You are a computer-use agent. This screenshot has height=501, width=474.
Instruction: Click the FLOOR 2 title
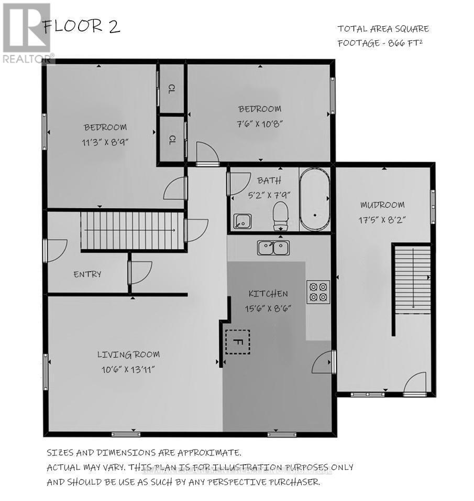coord(82,27)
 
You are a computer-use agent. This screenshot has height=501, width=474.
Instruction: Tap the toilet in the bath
coord(282,215)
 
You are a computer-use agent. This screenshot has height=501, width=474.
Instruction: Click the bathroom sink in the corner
coord(242,222)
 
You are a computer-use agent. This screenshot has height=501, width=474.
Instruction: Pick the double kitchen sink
coord(273,247)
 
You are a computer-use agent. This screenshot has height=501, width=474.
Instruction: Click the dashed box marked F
coord(237,342)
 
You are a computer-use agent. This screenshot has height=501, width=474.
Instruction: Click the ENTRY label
coord(87,274)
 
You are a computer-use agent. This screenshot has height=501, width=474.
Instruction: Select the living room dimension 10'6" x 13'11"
coord(128,369)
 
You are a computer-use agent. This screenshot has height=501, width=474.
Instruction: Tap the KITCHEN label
coord(268,294)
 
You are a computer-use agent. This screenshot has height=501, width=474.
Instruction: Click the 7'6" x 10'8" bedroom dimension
coord(260,124)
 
